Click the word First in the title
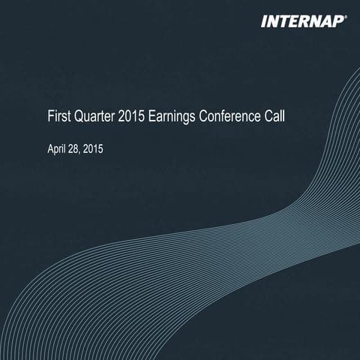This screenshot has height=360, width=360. coord(58,117)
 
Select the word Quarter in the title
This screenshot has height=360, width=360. coord(93,117)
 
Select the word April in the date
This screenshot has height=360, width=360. coord(55,150)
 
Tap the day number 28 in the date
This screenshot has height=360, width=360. coord(74,150)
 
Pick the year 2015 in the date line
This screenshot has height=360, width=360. coord(93,150)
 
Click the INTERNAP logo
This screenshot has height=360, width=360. coord(302,22)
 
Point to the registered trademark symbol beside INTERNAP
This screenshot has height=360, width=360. coord(346,17)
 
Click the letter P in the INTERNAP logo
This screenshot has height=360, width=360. coord(337,22)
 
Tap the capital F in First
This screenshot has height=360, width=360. coord(50,117)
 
